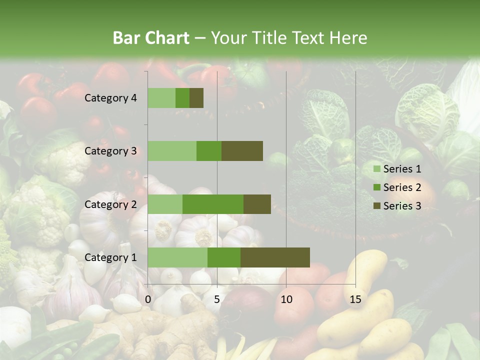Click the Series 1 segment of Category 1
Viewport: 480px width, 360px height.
(x=177, y=257)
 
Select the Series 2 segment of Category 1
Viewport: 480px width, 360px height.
(x=224, y=257)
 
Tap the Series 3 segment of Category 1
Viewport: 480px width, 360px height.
(x=275, y=257)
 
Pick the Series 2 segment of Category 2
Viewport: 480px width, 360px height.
(x=213, y=204)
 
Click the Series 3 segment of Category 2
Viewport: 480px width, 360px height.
(x=257, y=204)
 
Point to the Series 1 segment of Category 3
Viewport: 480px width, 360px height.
(x=172, y=151)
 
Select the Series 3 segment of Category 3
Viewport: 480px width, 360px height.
(x=242, y=151)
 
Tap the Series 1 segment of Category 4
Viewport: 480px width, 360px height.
(x=161, y=98)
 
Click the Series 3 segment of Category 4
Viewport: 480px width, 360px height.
(x=196, y=98)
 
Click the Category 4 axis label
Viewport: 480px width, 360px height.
(x=110, y=98)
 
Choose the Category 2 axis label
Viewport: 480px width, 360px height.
(x=110, y=204)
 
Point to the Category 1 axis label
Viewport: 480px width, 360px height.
(x=110, y=257)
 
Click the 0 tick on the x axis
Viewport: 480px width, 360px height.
(x=148, y=299)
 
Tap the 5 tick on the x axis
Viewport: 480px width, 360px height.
(x=217, y=299)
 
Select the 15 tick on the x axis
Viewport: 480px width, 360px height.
(x=355, y=299)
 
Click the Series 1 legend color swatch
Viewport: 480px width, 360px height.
(x=376, y=169)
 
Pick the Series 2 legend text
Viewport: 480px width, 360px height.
(x=402, y=187)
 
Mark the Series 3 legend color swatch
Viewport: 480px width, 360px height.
(x=376, y=206)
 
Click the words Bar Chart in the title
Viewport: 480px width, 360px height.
(x=151, y=38)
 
